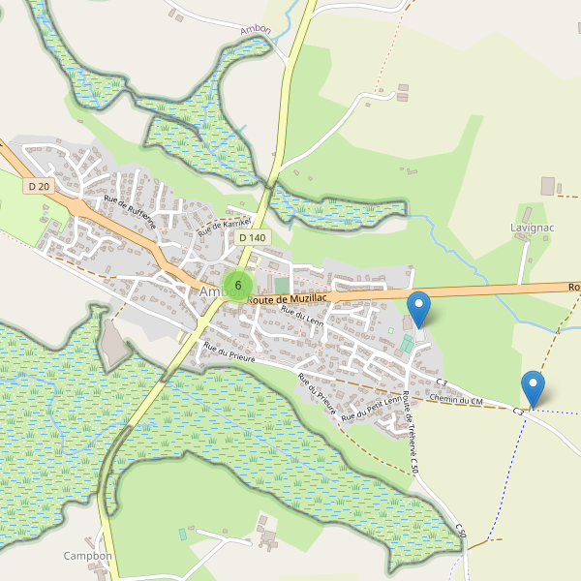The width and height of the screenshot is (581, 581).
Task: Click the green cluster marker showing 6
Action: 237,285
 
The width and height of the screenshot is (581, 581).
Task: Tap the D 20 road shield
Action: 39,186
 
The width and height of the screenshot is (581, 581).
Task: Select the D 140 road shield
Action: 251,237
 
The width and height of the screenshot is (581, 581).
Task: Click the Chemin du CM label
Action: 455,400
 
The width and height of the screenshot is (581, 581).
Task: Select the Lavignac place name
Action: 530,228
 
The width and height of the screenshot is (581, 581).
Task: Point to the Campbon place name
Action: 88,556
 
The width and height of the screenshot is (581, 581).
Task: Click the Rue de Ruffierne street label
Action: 130,212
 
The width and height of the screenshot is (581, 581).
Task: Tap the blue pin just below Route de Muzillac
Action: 418,309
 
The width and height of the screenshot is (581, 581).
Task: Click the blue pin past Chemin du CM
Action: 533,388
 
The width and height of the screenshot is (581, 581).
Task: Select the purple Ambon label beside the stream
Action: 256,30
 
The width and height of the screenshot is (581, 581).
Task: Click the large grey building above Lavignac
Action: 548,185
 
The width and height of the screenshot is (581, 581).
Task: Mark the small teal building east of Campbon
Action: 182,534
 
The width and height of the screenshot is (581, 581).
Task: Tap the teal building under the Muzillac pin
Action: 407,344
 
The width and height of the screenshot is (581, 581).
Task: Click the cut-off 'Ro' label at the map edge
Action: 573,288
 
